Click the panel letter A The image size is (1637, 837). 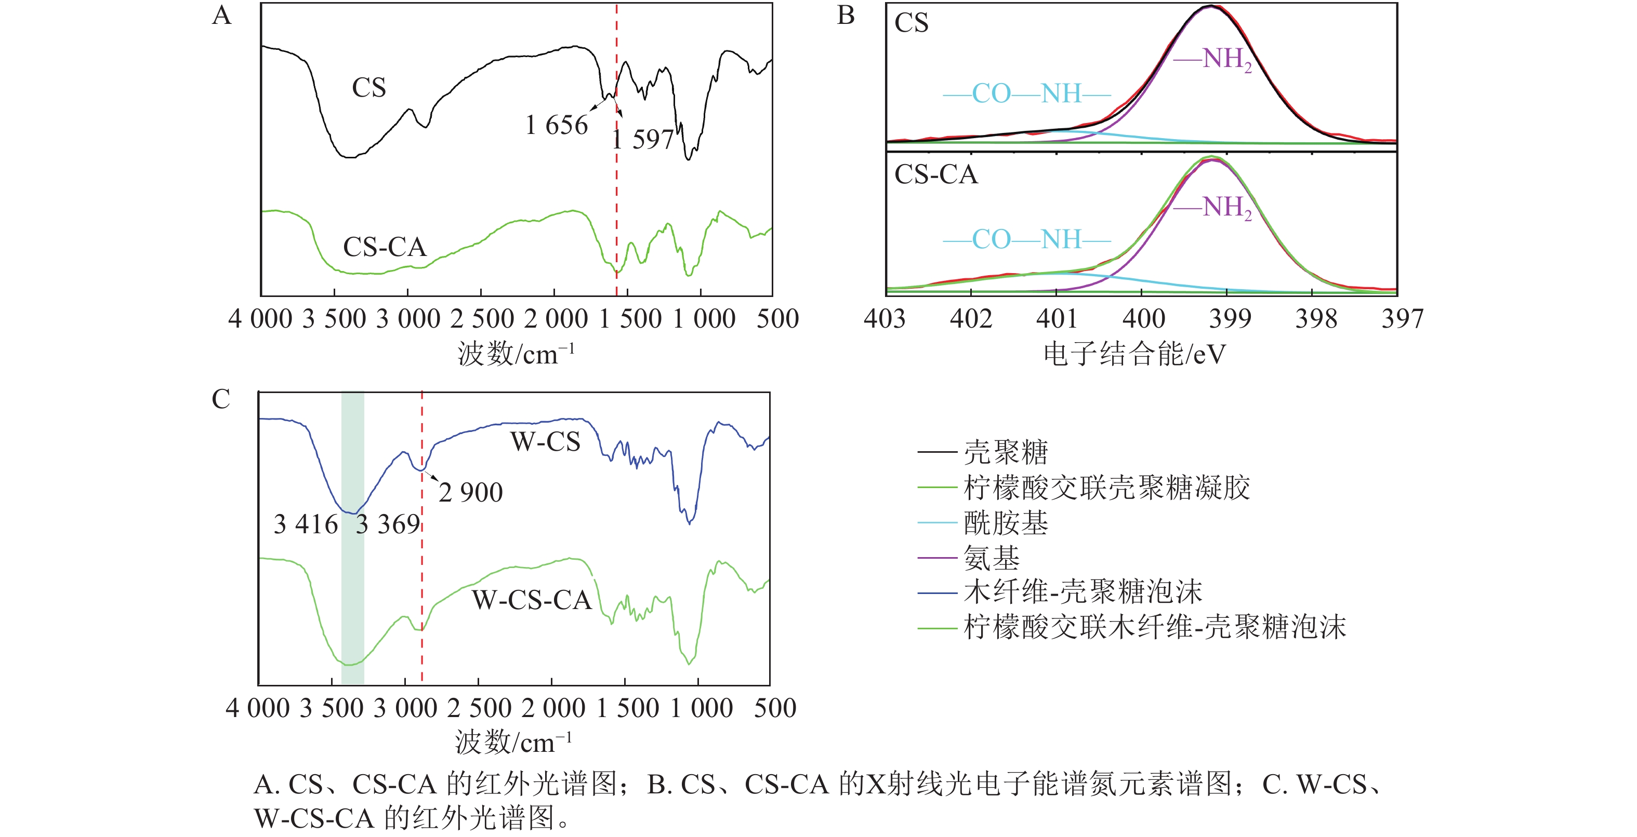(222, 15)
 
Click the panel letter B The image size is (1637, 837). (846, 15)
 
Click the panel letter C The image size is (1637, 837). (220, 399)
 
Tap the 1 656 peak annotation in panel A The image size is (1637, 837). (556, 125)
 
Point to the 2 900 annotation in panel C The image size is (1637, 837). (470, 492)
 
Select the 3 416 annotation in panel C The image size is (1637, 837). (306, 524)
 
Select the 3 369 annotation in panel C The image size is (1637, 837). (388, 524)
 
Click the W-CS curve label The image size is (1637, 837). (545, 441)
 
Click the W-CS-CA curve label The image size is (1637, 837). (532, 600)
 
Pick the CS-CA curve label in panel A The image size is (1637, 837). (385, 247)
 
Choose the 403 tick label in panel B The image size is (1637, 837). (884, 318)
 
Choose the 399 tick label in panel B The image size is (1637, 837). (1230, 318)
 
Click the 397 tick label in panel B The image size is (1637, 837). (1403, 318)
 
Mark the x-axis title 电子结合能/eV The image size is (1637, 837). (1134, 354)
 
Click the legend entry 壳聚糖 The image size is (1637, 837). (1006, 452)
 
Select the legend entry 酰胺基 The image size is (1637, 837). (1006, 523)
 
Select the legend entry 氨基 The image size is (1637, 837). (992, 558)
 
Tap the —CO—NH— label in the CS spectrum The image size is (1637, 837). (1027, 94)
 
